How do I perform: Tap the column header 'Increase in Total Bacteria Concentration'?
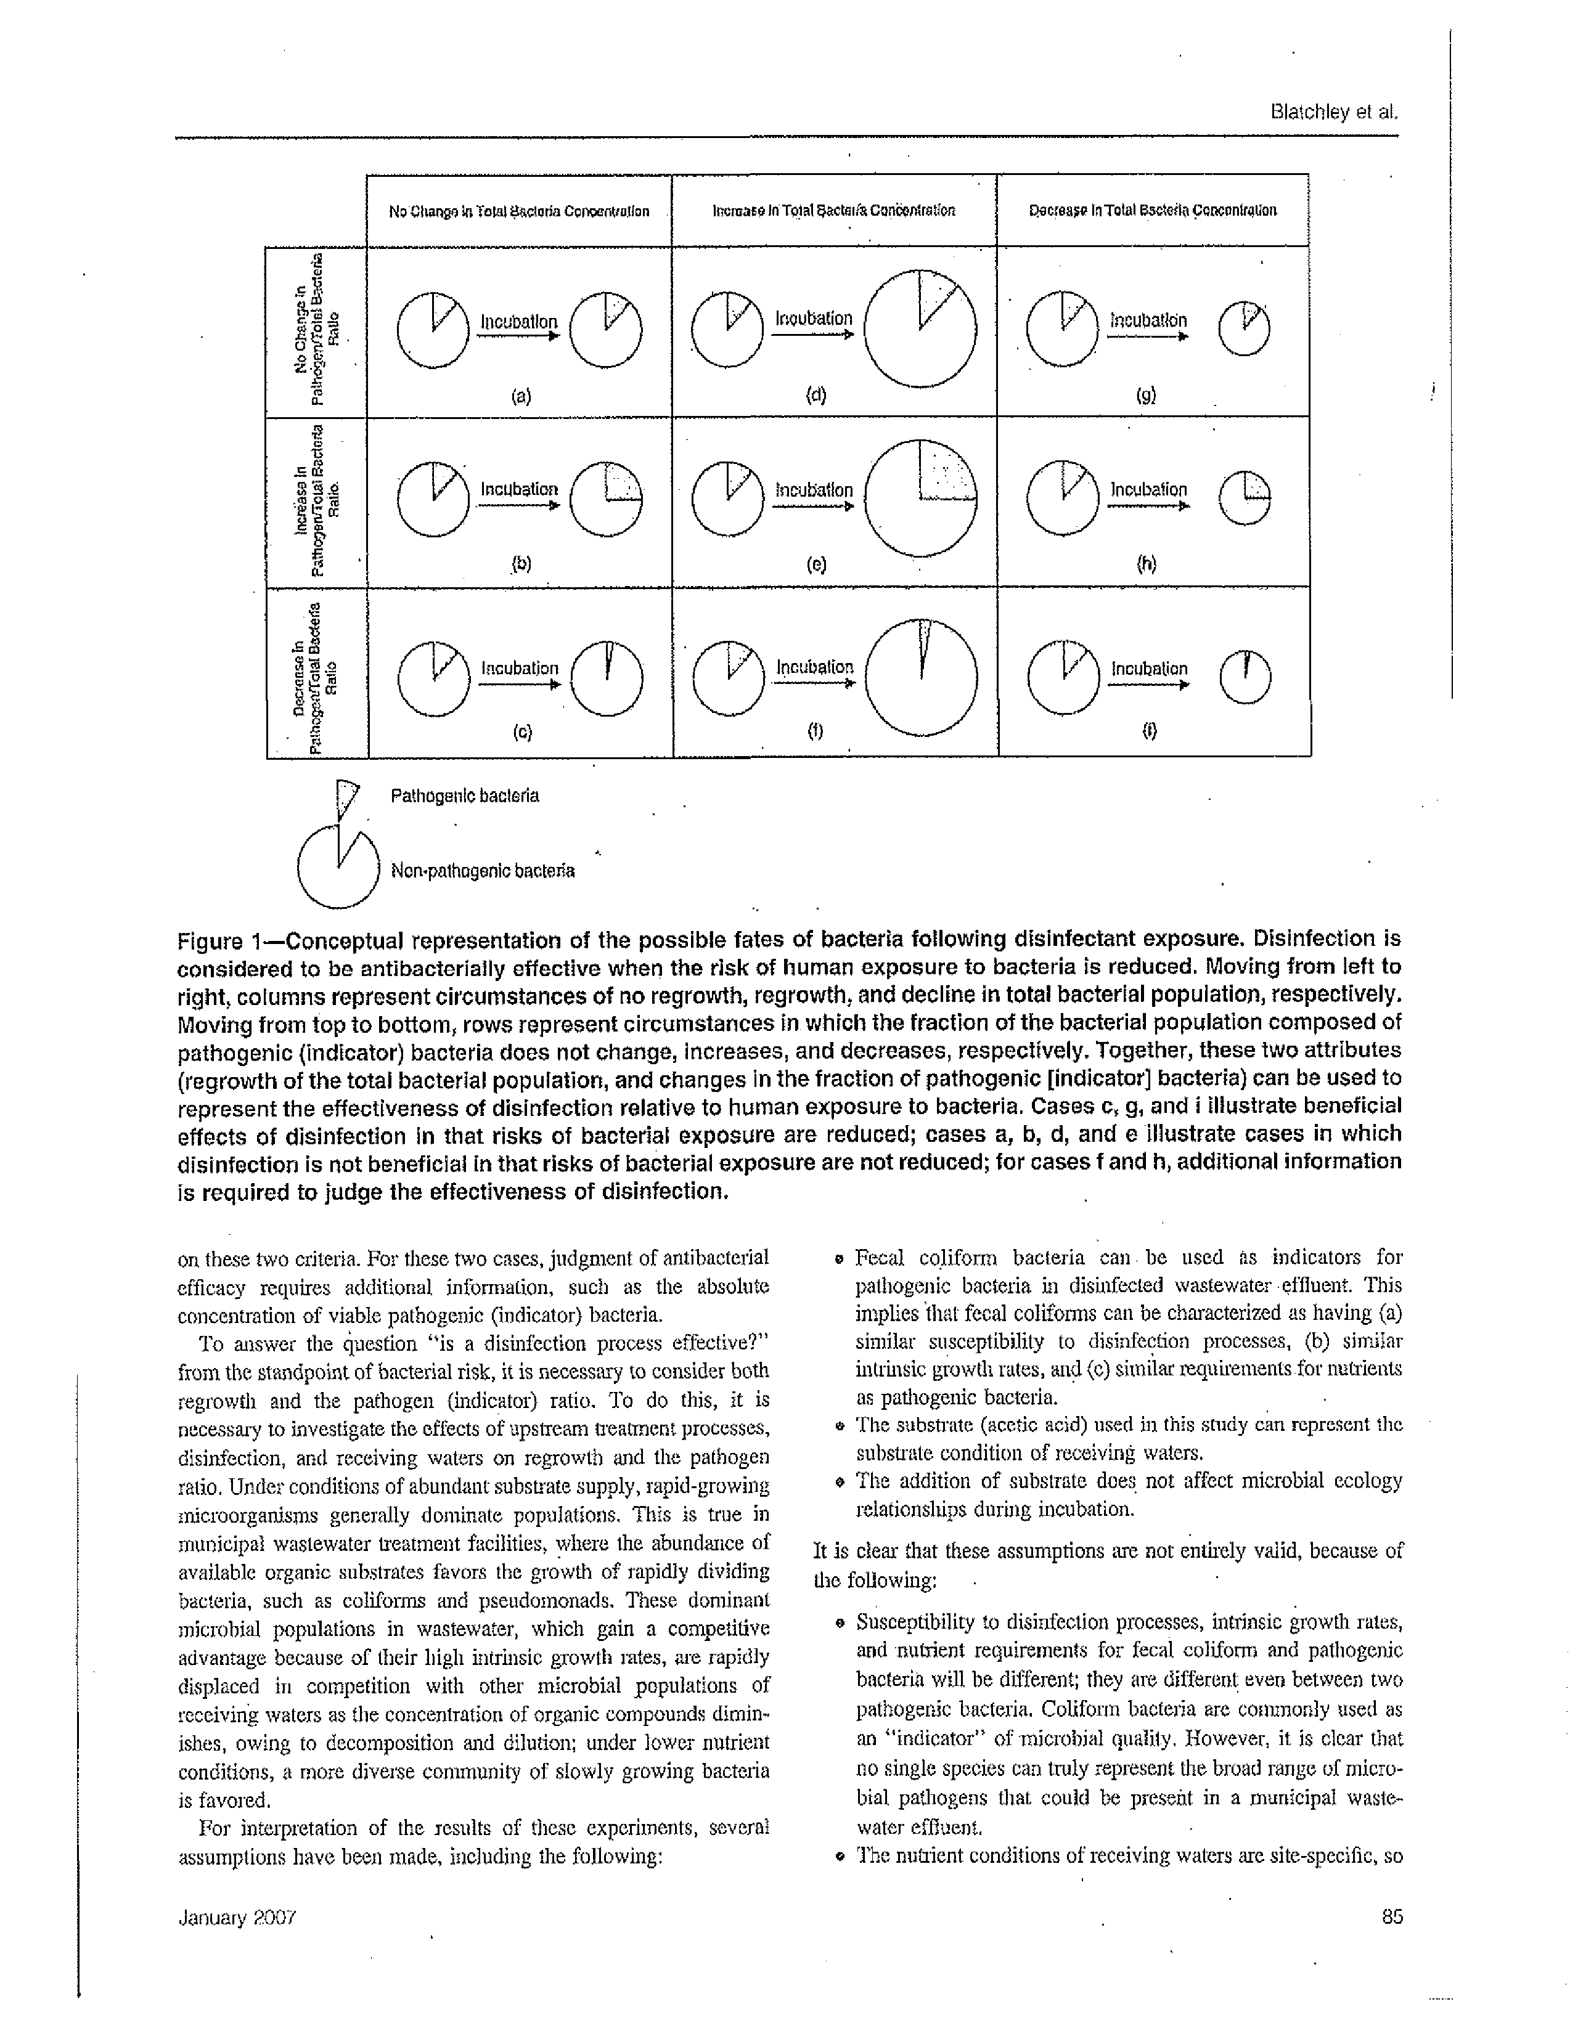(833, 211)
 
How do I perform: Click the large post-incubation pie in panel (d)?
(919, 327)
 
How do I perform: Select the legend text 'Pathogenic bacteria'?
(464, 796)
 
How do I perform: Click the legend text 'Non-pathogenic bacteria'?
(482, 871)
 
